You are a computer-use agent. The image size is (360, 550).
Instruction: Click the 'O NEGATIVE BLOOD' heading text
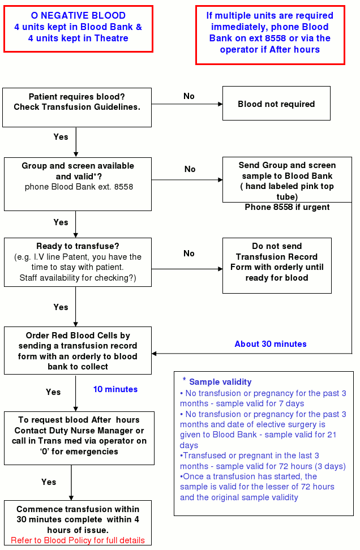[78, 15]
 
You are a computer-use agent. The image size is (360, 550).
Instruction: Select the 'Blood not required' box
[276, 104]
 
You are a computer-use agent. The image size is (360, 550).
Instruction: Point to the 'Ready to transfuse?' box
[78, 262]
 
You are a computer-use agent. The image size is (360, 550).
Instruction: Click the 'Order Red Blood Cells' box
[78, 350]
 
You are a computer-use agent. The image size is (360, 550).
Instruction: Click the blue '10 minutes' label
[115, 389]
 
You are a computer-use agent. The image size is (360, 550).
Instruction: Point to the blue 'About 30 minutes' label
[271, 344]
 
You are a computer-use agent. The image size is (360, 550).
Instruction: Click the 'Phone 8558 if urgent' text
[287, 207]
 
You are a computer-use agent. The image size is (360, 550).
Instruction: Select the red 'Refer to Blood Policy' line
[78, 540]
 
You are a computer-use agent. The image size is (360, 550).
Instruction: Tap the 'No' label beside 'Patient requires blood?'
[189, 96]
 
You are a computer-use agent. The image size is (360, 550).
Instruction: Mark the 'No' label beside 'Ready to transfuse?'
[189, 253]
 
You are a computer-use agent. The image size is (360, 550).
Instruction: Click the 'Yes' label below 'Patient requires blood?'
[61, 137]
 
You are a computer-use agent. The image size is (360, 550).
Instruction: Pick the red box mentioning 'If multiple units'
[270, 35]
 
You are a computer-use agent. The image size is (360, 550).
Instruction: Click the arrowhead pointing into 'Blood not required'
[220, 104]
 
